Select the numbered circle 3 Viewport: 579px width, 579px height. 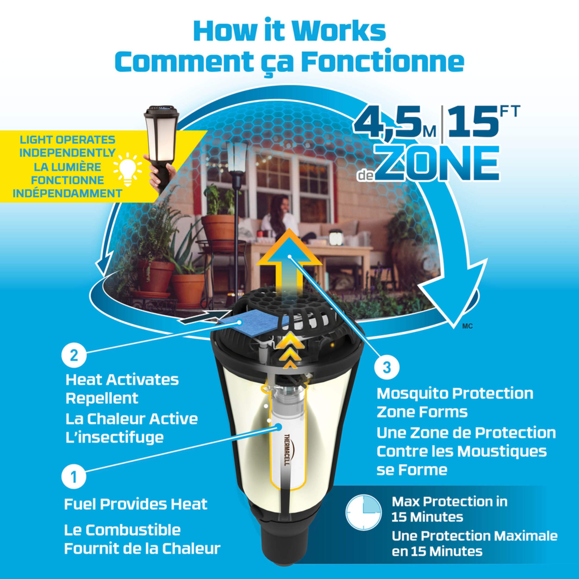[x=387, y=368]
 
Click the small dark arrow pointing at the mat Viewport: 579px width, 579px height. [x=201, y=316]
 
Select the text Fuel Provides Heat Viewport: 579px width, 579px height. [x=136, y=504]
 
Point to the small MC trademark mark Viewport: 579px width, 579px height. [x=468, y=327]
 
